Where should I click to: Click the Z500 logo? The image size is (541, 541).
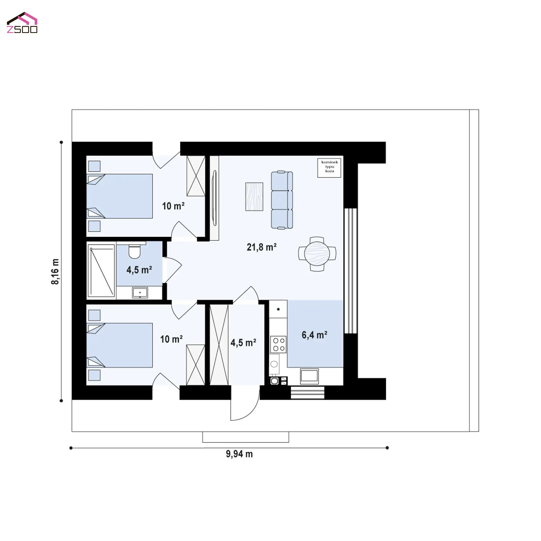(22, 23)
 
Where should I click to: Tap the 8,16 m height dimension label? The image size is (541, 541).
(55, 271)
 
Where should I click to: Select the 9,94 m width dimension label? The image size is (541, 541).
(239, 454)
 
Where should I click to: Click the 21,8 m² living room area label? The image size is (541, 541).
(261, 247)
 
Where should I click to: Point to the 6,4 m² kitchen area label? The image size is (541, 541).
(314, 335)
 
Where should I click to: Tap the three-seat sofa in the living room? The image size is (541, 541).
(282, 200)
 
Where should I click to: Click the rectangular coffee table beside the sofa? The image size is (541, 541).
(254, 196)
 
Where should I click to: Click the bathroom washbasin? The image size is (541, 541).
(140, 292)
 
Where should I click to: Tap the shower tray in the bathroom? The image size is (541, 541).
(101, 270)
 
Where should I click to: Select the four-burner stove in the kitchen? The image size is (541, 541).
(278, 344)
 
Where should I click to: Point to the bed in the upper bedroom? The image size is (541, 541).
(119, 196)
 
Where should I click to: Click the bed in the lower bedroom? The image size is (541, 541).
(119, 345)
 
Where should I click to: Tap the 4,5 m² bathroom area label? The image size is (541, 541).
(139, 270)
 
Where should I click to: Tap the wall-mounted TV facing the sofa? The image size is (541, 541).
(214, 198)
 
